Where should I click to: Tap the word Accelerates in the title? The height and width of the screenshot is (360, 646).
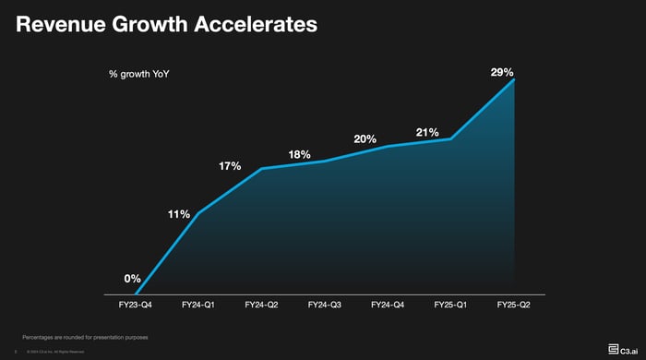pos(255,25)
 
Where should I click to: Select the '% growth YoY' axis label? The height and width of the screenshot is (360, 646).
pos(139,73)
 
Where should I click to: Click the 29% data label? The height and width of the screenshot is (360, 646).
pos(502,72)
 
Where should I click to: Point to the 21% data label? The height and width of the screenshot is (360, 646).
pos(427,133)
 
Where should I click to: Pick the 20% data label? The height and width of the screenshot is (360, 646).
pos(365,139)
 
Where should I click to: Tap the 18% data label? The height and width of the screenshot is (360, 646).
pos(299,154)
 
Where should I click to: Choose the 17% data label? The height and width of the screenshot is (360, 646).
pos(230,166)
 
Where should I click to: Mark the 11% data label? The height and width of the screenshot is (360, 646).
pos(179,214)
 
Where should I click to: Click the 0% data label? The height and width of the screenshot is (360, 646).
pos(133,278)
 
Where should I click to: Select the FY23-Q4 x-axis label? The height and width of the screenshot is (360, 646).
pos(137,304)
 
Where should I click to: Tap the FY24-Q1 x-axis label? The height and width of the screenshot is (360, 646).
pos(199,304)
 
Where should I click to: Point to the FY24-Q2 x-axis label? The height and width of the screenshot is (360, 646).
pos(262,304)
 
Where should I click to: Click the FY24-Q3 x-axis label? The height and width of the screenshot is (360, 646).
pos(325,304)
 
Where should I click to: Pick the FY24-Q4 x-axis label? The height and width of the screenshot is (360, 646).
pos(388,304)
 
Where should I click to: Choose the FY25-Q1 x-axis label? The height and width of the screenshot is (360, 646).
pos(450,304)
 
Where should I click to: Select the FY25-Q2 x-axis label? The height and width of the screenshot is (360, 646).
pos(513,304)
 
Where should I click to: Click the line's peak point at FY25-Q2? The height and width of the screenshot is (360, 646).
pos(513,79)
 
